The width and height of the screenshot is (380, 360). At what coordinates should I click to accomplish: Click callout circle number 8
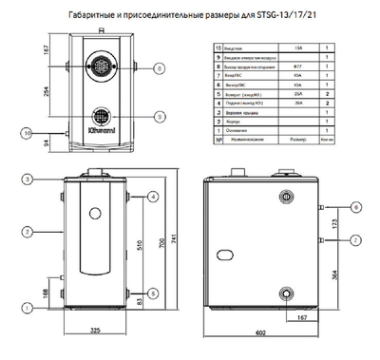coord(160,67)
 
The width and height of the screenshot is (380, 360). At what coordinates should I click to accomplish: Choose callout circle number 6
coord(355,207)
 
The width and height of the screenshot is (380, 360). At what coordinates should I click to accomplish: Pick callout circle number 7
coord(355,238)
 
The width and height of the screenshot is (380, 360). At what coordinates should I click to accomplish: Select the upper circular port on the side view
coord(285,198)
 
